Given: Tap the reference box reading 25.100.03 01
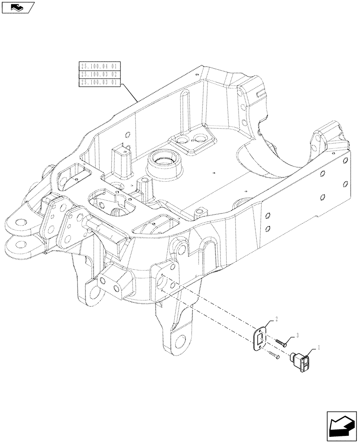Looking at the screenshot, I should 99,82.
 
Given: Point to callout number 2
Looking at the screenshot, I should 277,319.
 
